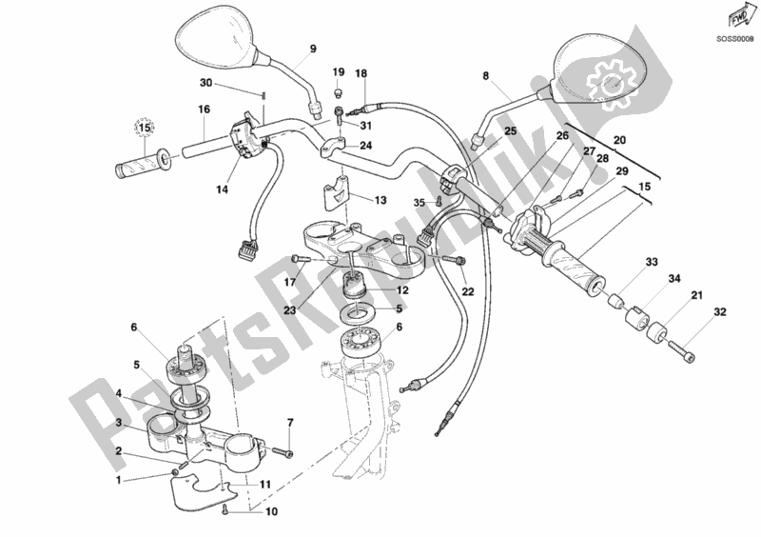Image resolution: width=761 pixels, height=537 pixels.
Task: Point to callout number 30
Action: pos(205,83)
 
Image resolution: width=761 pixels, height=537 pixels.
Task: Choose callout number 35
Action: pos(420,202)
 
